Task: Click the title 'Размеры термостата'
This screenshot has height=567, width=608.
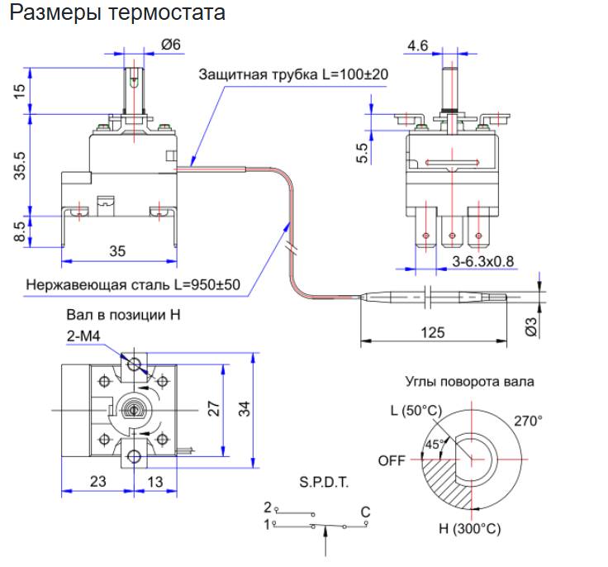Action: [116, 14]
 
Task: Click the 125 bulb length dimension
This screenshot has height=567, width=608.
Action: [431, 332]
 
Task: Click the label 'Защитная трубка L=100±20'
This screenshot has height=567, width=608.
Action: [293, 74]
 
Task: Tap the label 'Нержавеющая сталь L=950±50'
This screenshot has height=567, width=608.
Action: [133, 285]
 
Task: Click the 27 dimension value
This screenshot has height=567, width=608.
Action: [213, 407]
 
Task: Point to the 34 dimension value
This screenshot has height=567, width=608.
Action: [245, 407]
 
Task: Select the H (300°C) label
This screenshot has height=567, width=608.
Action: [468, 528]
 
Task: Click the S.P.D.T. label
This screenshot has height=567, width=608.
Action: [322, 481]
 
